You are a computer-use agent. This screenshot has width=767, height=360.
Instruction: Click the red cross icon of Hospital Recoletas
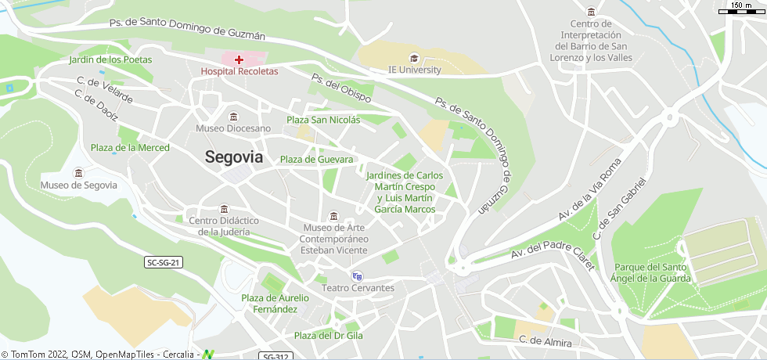point(239,59)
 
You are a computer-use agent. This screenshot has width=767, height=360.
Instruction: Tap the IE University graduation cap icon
point(414,58)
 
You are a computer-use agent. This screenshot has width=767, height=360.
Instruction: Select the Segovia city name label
point(234,157)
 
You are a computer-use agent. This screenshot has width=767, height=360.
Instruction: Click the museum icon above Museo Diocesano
point(233,117)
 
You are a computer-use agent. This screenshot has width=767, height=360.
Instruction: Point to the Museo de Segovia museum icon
point(78,173)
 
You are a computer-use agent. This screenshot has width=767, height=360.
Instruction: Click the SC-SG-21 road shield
point(164,262)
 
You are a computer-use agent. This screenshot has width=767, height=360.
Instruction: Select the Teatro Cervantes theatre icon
point(357,275)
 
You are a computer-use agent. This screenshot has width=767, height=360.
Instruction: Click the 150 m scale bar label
point(742,5)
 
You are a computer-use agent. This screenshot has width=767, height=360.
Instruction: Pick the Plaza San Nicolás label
point(323,120)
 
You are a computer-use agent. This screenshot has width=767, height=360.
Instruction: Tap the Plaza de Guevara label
point(316,160)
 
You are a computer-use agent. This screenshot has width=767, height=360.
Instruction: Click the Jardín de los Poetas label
point(110,59)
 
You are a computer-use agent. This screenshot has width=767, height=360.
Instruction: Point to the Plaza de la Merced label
point(130,147)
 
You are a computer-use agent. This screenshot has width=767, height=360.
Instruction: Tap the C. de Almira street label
point(546,342)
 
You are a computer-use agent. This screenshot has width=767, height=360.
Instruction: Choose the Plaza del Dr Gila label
point(328,336)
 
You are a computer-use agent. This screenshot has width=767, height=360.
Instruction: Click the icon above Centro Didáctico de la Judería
point(225,209)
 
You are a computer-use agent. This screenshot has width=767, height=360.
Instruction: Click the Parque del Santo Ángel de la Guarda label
point(653,272)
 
